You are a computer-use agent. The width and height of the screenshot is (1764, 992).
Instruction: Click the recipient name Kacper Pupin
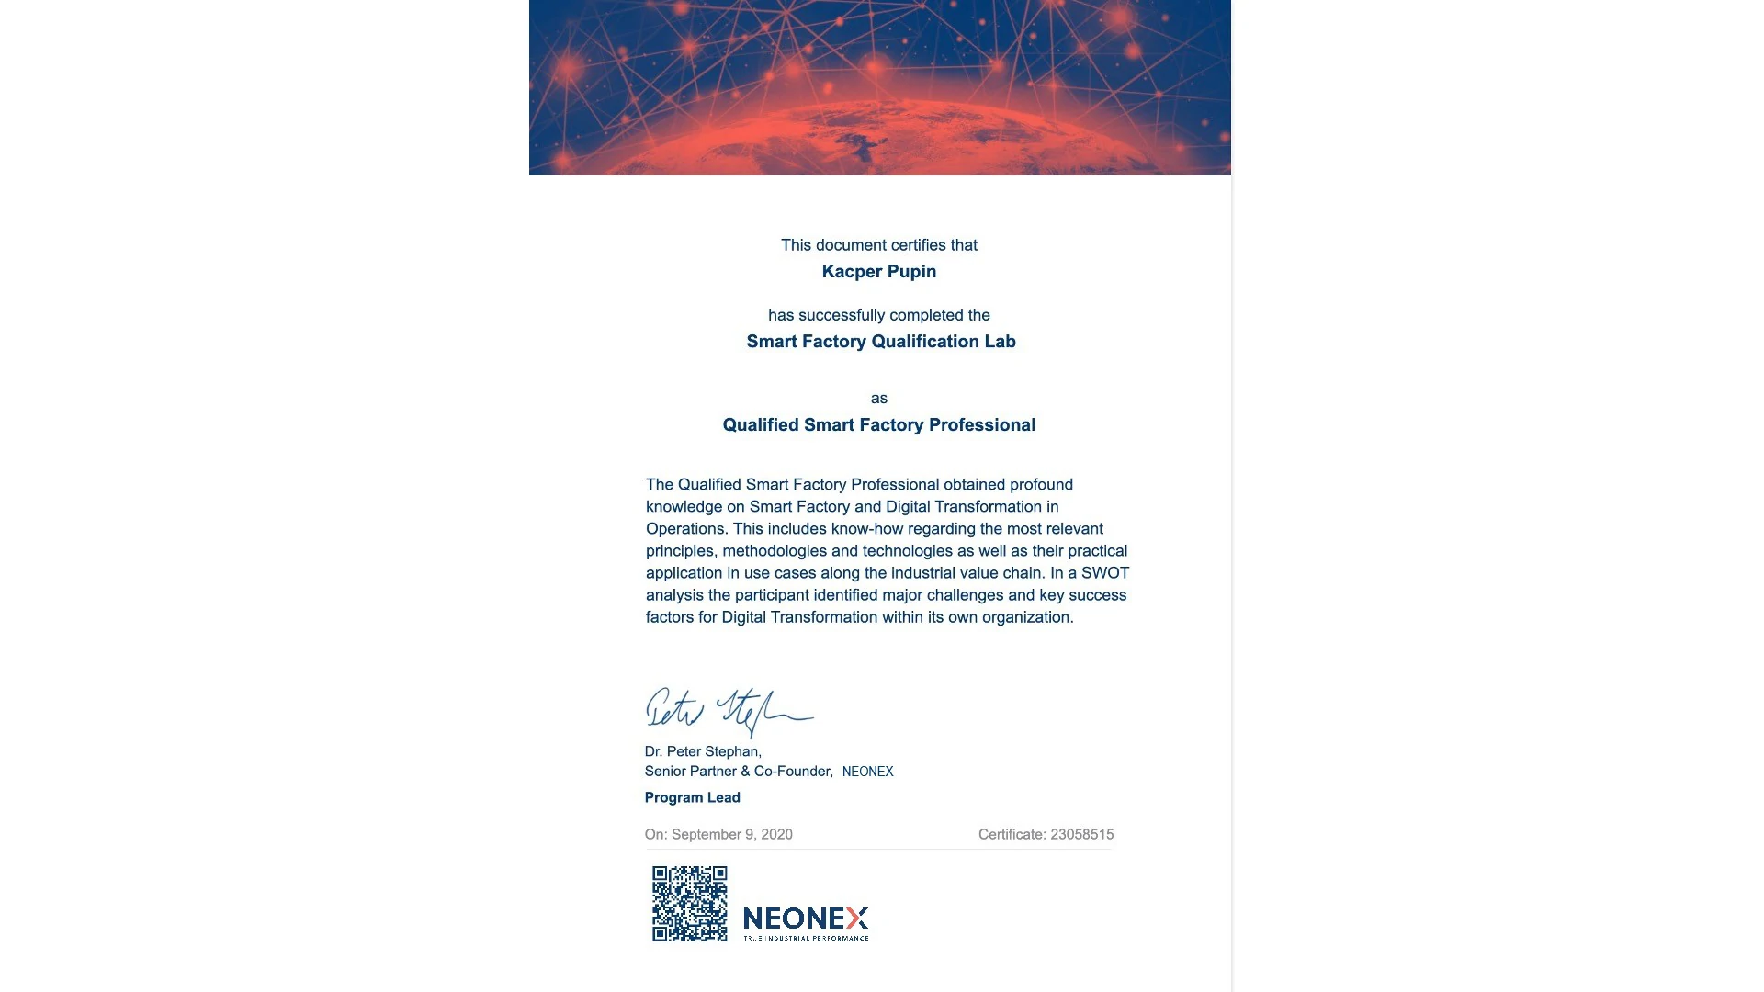tap(878, 272)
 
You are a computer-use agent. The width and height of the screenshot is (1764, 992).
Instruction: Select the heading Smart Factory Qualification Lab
tap(880, 342)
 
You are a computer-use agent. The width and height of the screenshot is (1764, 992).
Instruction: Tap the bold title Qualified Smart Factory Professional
tap(878, 425)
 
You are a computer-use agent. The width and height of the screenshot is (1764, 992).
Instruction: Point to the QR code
tap(689, 904)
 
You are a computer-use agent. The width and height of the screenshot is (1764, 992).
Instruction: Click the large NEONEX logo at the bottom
tap(805, 920)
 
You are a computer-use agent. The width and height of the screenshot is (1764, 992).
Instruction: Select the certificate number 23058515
tap(1081, 835)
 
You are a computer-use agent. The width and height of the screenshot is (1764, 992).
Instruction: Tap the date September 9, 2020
tap(731, 835)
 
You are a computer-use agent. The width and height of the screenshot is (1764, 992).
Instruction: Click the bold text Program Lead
tap(692, 798)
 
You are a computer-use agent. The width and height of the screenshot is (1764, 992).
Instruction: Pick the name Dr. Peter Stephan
tap(703, 752)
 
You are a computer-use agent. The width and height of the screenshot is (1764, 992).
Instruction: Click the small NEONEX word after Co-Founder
tap(867, 772)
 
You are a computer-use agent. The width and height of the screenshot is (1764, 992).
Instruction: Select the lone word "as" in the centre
tap(879, 399)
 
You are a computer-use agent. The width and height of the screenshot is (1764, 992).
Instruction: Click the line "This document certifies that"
tap(878, 245)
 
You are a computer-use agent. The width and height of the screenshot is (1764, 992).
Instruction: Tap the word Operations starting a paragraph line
tap(685, 529)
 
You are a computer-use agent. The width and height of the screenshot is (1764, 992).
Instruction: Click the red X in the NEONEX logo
tap(857, 919)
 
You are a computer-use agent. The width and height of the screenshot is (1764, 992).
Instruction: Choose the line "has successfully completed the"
tap(878, 315)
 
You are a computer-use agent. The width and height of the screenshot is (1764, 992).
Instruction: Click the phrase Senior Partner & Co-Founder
tap(738, 772)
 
